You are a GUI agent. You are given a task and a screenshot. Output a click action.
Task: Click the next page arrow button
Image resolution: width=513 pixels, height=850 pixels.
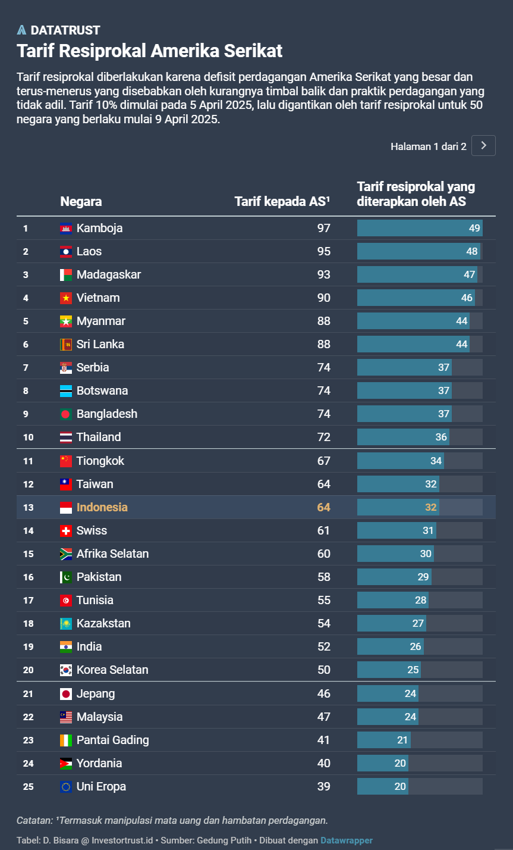[x=483, y=146]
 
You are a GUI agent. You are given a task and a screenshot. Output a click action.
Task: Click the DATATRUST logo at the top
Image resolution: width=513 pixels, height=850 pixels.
[x=58, y=30]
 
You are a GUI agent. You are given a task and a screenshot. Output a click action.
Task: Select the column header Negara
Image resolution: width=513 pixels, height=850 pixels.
[x=81, y=202]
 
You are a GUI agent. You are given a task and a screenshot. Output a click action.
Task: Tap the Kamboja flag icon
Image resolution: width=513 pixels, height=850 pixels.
[x=66, y=228]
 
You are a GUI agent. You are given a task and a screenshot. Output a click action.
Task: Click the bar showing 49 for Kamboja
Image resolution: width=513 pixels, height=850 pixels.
[x=419, y=228]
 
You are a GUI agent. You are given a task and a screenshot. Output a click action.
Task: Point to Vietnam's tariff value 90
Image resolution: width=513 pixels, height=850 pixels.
[x=323, y=298]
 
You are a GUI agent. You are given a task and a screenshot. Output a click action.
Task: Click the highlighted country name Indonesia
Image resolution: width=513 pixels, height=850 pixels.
[x=102, y=507]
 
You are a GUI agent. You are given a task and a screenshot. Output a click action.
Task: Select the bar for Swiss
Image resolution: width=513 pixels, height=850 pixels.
[x=396, y=530]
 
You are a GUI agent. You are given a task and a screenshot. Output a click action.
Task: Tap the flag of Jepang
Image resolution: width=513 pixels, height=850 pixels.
[x=66, y=693]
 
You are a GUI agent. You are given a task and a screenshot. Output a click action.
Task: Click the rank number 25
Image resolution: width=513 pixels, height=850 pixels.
[x=29, y=786]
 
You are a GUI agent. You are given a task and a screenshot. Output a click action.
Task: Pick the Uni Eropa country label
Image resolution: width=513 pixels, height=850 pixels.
[x=101, y=786]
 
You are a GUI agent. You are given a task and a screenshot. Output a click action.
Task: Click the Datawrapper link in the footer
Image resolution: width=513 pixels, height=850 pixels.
[x=347, y=840]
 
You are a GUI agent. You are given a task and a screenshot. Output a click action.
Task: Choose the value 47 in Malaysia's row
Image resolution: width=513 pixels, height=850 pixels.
[x=323, y=717]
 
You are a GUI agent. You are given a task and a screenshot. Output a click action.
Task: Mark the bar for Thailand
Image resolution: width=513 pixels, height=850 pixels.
[x=403, y=437]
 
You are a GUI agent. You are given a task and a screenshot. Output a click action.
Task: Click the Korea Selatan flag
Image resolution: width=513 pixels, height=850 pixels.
[x=66, y=670]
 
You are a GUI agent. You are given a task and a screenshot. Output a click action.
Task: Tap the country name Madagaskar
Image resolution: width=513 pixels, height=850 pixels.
[x=109, y=274]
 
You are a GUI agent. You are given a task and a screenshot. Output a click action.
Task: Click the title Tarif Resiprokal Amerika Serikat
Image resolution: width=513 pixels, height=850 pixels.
[x=150, y=51]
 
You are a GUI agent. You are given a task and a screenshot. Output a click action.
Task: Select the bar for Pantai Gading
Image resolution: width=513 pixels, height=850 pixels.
[x=383, y=740]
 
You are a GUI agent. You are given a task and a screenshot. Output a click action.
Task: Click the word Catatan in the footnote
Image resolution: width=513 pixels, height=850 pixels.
[x=34, y=820]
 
